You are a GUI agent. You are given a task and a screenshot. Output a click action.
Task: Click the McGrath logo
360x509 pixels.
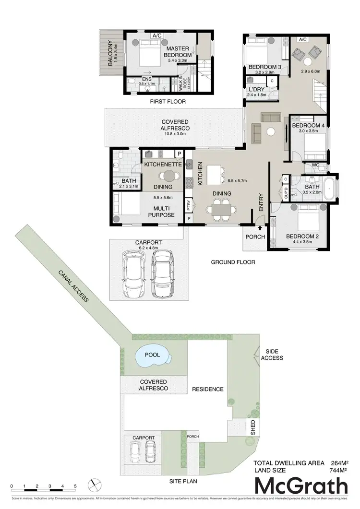(x=300, y=486)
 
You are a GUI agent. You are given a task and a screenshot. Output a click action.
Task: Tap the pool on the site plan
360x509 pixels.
(x=153, y=356)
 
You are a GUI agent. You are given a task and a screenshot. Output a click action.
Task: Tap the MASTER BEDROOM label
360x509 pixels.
(x=179, y=52)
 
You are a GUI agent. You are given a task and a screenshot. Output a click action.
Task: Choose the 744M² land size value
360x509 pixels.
(x=339, y=471)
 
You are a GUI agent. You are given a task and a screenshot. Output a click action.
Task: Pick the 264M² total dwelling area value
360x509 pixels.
(x=339, y=463)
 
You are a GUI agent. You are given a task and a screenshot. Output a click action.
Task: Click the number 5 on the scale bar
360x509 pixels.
(x=75, y=486)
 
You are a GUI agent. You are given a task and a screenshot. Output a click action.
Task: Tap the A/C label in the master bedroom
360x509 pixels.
(x=156, y=36)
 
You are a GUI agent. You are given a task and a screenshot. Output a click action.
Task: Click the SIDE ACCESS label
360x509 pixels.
(x=272, y=355)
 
